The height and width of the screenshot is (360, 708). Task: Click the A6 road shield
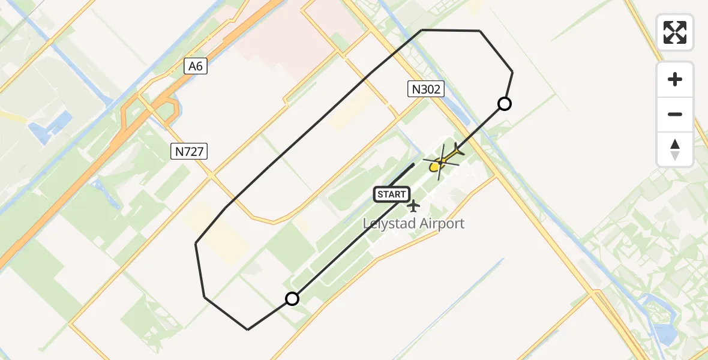(196, 67)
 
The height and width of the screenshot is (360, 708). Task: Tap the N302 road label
(426, 90)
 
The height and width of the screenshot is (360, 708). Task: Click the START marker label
(392, 194)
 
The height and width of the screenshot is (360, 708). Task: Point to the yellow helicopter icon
(441, 162)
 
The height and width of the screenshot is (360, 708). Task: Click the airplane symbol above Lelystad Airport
(413, 206)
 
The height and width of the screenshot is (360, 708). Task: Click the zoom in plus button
(675, 79)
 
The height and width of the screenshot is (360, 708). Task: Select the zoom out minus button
(675, 114)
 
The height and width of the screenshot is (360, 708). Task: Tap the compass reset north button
(675, 149)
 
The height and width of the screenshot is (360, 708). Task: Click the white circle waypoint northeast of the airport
(505, 104)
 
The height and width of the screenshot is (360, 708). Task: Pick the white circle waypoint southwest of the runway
(292, 298)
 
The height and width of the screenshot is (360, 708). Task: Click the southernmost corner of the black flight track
(248, 329)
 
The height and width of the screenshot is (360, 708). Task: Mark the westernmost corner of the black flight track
(196, 243)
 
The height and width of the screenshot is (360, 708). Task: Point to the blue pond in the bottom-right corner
(666, 334)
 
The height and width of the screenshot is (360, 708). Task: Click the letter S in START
(380, 194)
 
